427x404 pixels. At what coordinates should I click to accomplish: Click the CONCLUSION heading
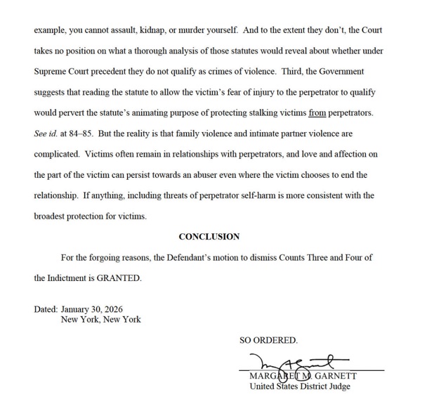(x=209, y=237)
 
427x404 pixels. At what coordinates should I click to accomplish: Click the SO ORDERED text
(x=268, y=340)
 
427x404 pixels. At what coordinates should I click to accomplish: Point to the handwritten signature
(x=289, y=365)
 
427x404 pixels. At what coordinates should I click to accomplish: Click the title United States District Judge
(x=300, y=386)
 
